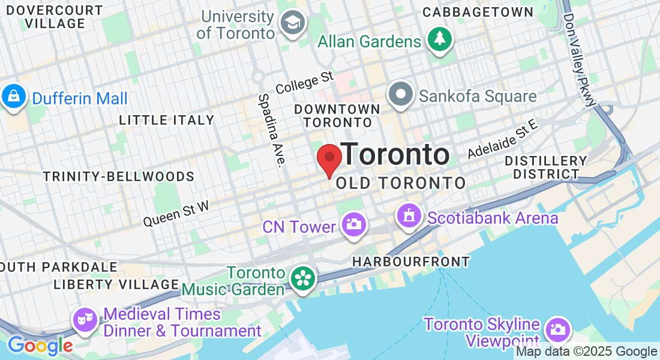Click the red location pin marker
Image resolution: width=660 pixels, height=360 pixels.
point(329,158)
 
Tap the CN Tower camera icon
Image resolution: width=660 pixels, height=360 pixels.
point(354,224)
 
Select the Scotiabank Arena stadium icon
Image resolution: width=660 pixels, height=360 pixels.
point(409,215)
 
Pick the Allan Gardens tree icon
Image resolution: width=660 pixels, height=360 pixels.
point(440,40)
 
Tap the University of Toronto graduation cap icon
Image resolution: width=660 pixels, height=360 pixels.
point(293,23)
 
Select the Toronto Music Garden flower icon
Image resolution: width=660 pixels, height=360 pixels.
point(304,278)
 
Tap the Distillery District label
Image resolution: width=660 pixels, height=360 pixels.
point(545,167)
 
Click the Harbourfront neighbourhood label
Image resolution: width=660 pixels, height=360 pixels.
point(411,262)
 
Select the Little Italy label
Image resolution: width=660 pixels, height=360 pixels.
point(166,120)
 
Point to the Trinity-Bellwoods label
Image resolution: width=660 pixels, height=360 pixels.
point(119,176)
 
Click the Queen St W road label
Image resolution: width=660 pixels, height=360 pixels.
point(176,214)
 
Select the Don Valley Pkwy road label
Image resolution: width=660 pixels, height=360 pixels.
point(580,60)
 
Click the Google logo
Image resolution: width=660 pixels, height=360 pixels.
point(40,346)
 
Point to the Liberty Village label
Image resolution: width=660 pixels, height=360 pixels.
point(116,284)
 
